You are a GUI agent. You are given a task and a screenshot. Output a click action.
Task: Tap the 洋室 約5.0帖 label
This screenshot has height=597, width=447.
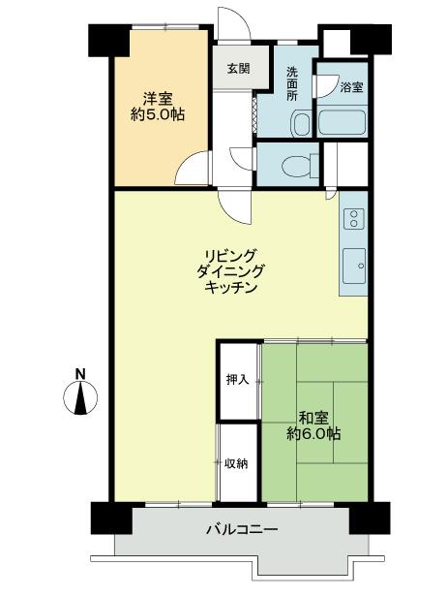(x=158, y=106)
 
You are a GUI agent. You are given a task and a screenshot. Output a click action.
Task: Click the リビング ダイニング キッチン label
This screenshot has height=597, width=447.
(x=228, y=270)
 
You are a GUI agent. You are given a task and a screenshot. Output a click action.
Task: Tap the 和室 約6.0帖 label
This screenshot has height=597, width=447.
(x=312, y=426)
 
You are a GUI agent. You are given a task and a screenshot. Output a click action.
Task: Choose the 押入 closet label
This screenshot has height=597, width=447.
(x=237, y=380)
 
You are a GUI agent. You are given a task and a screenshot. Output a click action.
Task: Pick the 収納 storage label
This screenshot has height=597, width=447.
(x=237, y=463)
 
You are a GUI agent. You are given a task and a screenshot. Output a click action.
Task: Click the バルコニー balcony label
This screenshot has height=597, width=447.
(x=242, y=530)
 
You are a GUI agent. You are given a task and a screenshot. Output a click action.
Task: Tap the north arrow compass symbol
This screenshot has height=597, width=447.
(x=81, y=398)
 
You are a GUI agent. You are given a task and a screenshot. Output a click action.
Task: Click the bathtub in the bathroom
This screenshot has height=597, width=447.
(x=341, y=122)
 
